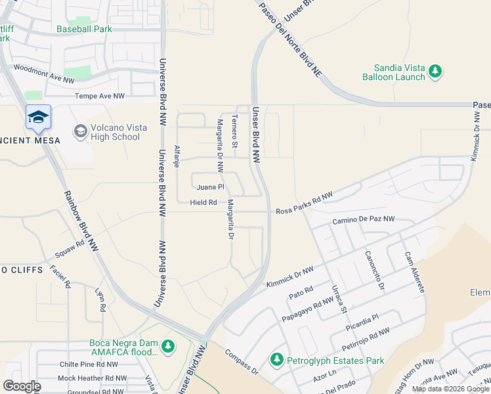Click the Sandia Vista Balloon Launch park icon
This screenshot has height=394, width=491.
coord(435,72)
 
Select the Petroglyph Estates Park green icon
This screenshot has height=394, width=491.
coord(276,360)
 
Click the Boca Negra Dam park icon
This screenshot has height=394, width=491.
coord(169,345)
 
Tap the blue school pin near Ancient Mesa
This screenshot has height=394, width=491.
coord(38,118)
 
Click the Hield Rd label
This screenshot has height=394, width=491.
coord(203,203)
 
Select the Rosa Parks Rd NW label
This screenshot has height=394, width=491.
coord(305,204)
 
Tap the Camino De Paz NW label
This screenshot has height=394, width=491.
coord(364,219)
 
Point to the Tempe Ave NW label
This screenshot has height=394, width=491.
coord(100,96)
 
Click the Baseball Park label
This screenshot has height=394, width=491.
coord(84,29)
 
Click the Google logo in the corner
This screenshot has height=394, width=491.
coord(22,386)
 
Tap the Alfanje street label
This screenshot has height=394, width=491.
coord(176,156)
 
